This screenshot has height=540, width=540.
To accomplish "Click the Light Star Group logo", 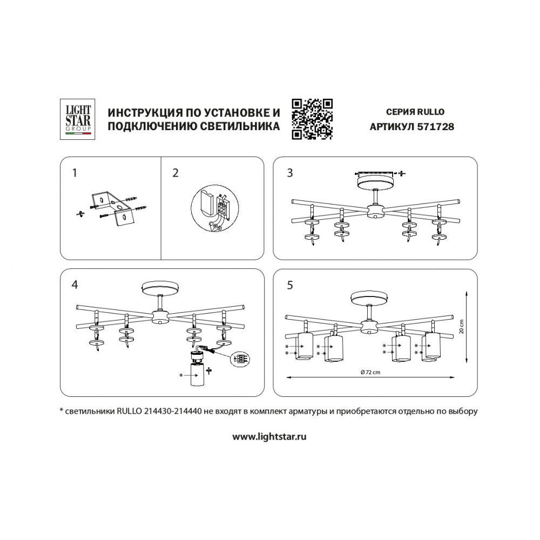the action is coord(77,119).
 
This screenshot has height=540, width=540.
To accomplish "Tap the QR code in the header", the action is coord(312,119).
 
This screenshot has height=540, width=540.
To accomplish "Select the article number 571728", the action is coord(435,127).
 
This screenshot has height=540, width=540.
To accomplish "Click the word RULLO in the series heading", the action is coord(430,112).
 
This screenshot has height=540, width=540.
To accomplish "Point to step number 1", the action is coord(75,173).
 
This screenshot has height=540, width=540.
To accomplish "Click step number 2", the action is coord(175,173).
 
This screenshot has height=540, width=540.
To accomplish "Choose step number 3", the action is coord(289,173).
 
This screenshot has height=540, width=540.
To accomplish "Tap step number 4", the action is coord(75,285).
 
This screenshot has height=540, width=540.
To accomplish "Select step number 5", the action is coord(289,285).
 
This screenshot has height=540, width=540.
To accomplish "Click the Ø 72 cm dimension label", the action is coord(370,372).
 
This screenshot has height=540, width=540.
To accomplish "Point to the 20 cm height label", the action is coord(462,327).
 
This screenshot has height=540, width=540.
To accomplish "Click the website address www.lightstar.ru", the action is coord(269,437).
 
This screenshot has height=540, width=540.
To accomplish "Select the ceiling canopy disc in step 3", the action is coord(375,181).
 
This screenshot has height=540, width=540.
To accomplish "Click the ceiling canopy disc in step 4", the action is coord(160,288).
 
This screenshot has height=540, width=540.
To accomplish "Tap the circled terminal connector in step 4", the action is coord(240,359).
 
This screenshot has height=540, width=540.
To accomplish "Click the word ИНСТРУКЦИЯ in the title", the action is coord(144,112).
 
